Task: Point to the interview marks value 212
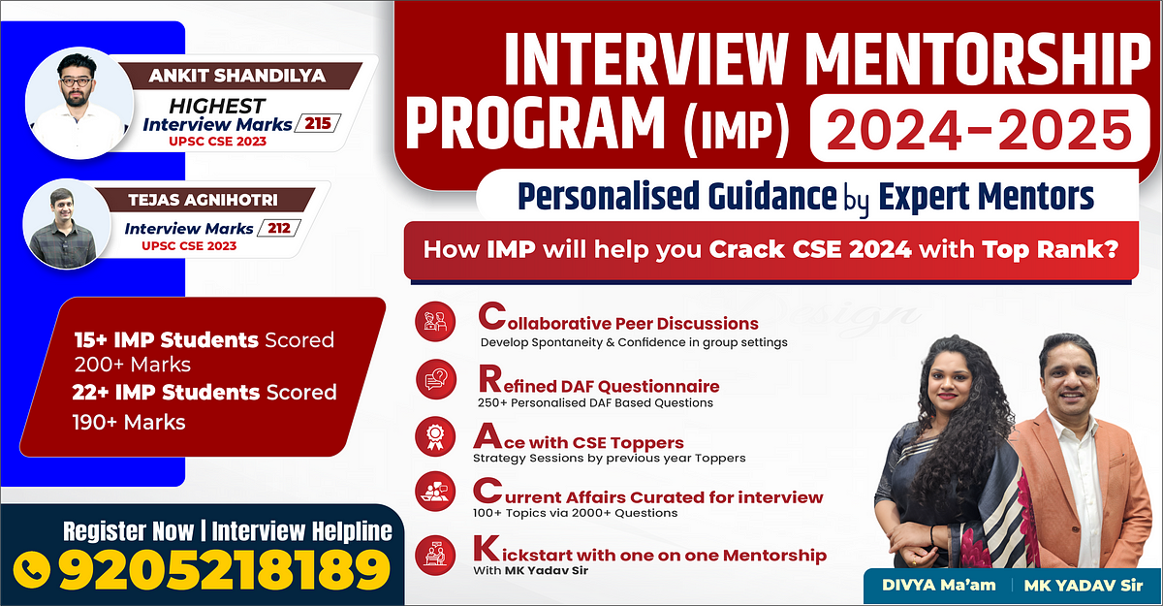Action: coord(283,229)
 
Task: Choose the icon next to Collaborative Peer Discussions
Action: coord(435,324)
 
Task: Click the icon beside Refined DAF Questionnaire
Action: coord(435,379)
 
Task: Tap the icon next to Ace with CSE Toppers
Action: coord(435,434)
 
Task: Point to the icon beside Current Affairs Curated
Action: coord(435,491)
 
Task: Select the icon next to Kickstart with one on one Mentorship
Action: coord(435,553)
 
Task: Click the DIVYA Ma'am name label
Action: coord(937,584)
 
